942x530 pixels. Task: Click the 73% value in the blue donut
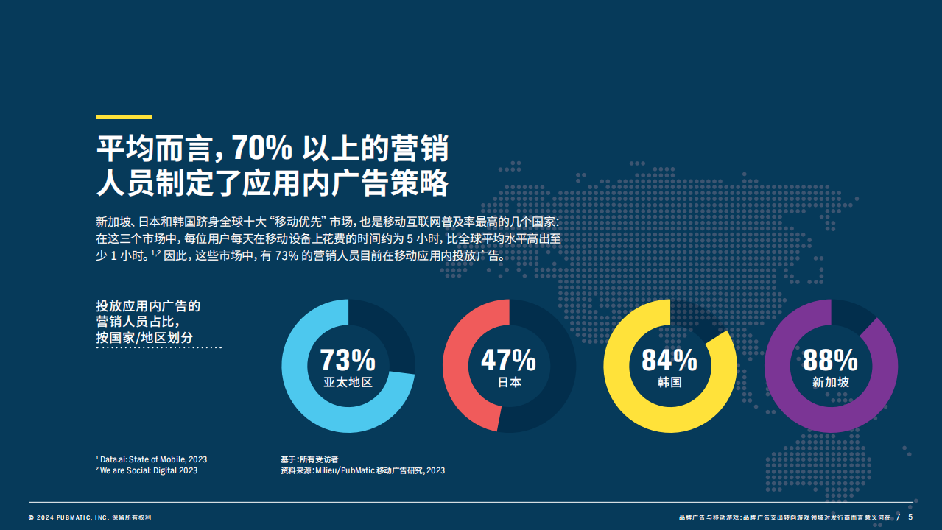348,360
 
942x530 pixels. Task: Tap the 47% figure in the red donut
508,360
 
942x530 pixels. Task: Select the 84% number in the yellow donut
669,360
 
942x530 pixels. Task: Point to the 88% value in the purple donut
830,360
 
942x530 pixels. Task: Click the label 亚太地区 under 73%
348,383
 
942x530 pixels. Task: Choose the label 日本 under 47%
509,383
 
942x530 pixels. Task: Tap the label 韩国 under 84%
669,383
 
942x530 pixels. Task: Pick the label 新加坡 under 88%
831,383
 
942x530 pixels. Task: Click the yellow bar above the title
124,117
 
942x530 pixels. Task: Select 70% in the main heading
261,148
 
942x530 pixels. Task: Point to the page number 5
910,517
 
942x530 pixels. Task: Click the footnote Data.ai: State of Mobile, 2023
153,459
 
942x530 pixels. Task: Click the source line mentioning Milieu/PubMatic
362,470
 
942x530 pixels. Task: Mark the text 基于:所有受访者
309,459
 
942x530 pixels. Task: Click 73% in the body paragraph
287,255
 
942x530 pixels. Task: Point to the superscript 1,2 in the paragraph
155,253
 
